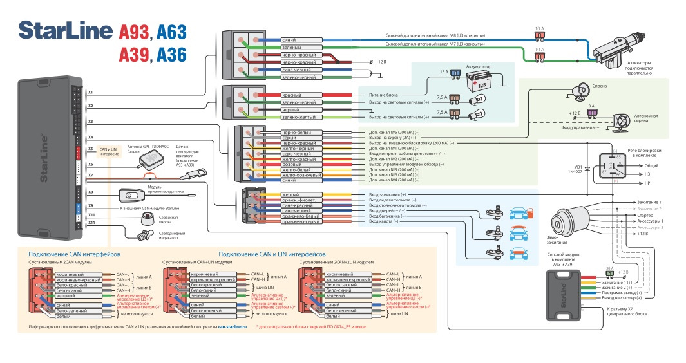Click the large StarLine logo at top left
pos(64,30)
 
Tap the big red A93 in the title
pos(133,31)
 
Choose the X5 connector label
pos(91,149)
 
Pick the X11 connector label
pos(91,223)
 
